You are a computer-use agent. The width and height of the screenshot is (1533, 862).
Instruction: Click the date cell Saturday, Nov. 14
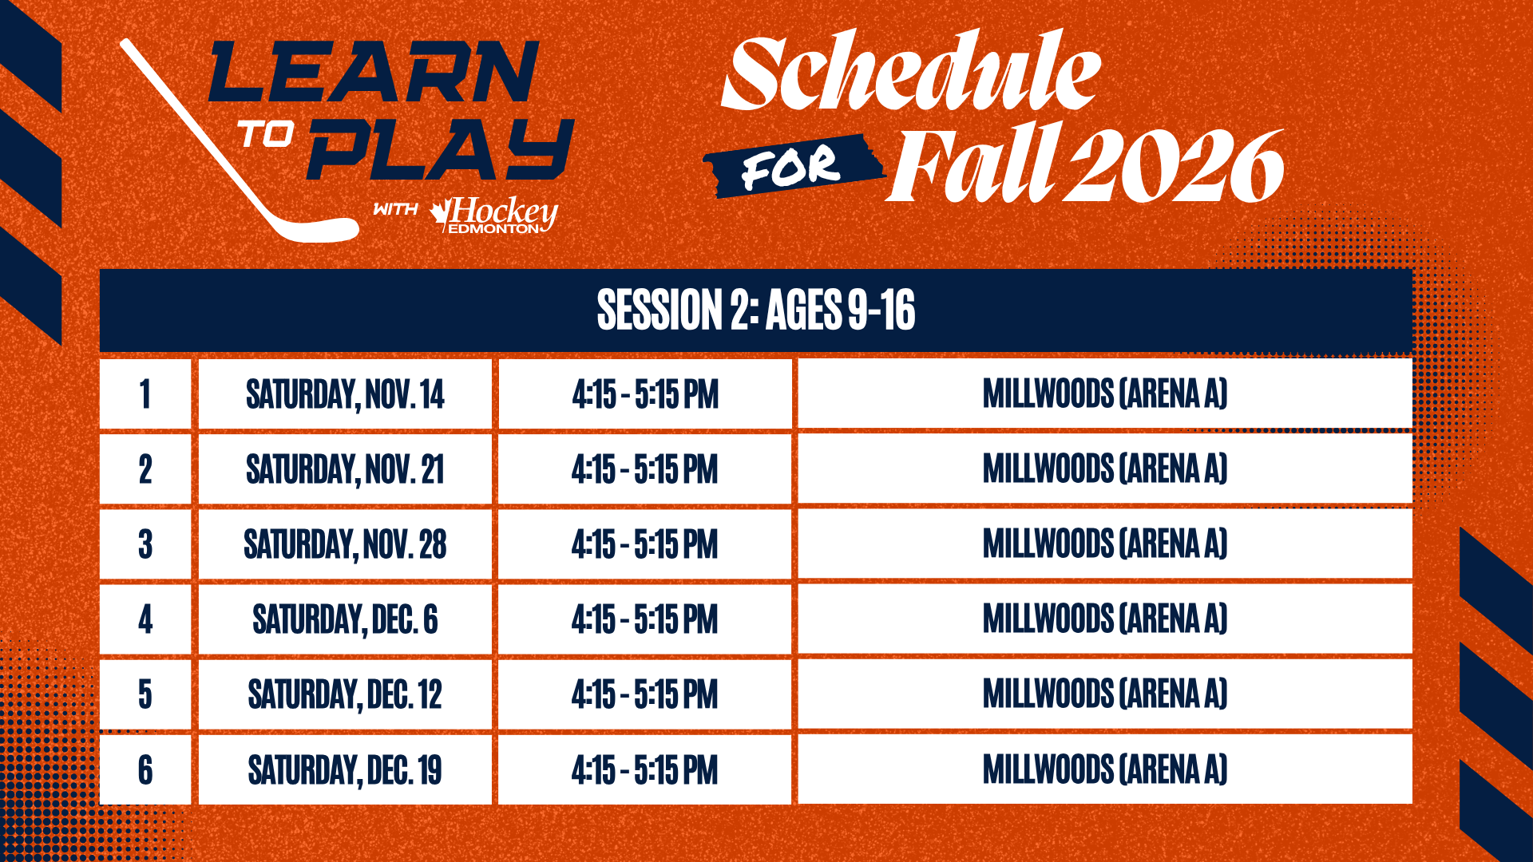(345, 393)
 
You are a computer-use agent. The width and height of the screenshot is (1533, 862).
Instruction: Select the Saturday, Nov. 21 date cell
(345, 469)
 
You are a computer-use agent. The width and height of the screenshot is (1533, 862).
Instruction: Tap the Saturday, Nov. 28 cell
(345, 544)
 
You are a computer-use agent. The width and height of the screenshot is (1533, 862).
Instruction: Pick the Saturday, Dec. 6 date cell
(345, 619)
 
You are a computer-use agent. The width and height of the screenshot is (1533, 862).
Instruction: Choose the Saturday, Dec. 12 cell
(345, 694)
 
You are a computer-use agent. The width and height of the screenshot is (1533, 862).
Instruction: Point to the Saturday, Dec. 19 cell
(345, 769)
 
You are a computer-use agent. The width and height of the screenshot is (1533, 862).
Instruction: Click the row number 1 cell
(145, 393)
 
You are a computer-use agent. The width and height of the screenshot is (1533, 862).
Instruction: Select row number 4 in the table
(145, 619)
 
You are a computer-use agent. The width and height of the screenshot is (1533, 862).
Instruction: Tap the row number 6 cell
(145, 769)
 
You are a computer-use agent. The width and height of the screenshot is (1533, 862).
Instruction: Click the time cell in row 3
(645, 544)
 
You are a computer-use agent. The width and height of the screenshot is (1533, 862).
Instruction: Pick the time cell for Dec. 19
(645, 769)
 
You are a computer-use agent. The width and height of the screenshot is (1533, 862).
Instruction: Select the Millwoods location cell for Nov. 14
(1105, 393)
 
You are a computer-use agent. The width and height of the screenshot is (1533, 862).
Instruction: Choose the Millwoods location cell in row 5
(1105, 694)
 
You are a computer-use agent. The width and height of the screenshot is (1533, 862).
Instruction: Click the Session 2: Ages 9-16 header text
(756, 310)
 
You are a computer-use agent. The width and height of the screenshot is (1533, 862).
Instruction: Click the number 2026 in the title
(1177, 166)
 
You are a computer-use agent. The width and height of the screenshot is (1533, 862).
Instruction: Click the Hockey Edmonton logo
(494, 215)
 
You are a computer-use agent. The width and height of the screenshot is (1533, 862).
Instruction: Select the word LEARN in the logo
(374, 71)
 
